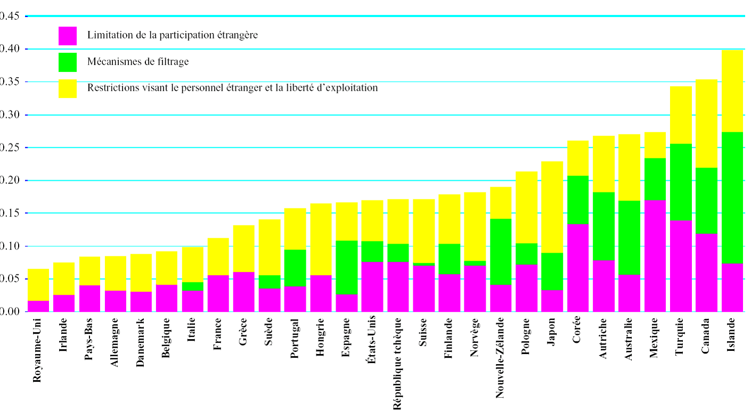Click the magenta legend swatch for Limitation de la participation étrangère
[68, 36]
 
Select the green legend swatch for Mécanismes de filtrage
[68, 62]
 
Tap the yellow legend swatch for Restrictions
[68, 89]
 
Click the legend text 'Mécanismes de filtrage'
[138, 62]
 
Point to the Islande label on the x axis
[732, 334]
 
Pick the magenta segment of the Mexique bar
[655, 256]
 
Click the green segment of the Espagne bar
[346, 267]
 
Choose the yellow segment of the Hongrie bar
[321, 239]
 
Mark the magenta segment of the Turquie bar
[680, 266]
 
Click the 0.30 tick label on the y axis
[10, 115]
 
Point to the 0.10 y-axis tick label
[10, 246]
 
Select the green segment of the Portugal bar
[295, 268]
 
